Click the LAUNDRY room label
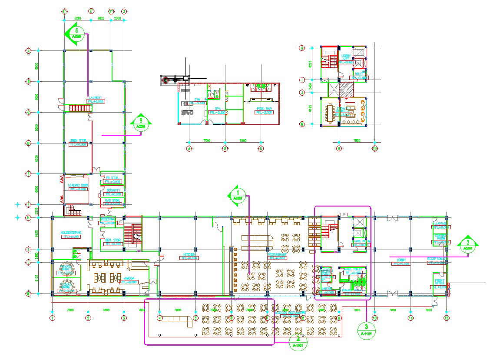click(96, 97)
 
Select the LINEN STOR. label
click(78, 140)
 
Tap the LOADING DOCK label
click(78, 186)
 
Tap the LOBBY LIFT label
click(346, 57)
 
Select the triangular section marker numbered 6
click(141, 123)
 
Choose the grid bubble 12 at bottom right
click(446, 318)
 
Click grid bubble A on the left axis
click(29, 51)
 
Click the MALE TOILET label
click(353, 270)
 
